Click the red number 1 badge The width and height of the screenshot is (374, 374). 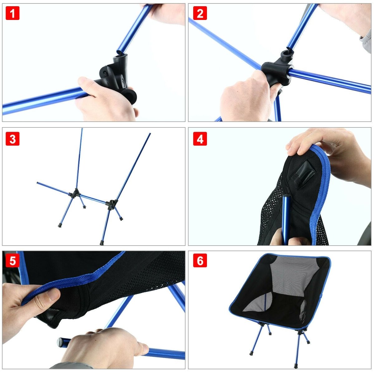[12, 13]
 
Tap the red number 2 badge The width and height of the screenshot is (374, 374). [200, 13]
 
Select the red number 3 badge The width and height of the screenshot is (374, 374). [12, 139]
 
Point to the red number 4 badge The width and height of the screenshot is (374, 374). [200, 139]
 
